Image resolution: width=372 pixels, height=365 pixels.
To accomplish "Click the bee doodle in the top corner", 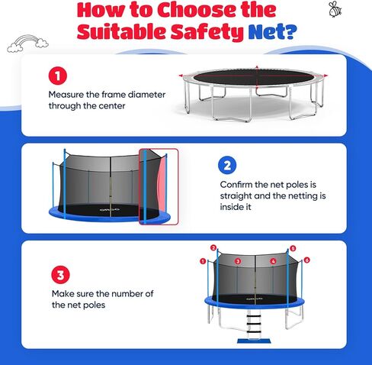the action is pyautogui.click(x=335, y=9).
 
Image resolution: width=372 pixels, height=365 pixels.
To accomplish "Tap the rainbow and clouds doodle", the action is pyautogui.click(x=27, y=44).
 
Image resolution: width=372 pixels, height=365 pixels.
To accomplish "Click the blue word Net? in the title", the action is pyautogui.click(x=272, y=32).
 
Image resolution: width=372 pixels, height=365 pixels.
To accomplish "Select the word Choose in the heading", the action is pyautogui.click(x=197, y=10).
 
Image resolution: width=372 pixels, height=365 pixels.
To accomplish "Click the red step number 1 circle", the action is pyautogui.click(x=58, y=76).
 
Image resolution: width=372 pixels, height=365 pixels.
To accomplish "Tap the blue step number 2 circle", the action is pyautogui.click(x=227, y=165).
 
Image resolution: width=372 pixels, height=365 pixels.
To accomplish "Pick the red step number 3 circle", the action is pyautogui.click(x=60, y=275).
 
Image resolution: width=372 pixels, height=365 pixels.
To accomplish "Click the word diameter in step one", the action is pyautogui.click(x=146, y=95).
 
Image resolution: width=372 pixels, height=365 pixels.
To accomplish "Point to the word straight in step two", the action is pyautogui.click(x=236, y=196).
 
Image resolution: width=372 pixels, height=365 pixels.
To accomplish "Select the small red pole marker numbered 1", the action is pyautogui.click(x=203, y=261).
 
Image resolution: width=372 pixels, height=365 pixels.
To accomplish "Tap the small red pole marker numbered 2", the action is pyautogui.click(x=213, y=248).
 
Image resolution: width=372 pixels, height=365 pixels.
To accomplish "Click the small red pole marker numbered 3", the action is pyautogui.click(x=238, y=261).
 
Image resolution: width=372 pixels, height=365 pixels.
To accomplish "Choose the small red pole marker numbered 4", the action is pyautogui.click(x=273, y=261).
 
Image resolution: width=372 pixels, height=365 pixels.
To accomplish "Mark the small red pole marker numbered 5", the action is pyautogui.click(x=293, y=248).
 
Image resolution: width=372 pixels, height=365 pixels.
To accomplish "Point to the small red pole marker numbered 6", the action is pyautogui.click(x=307, y=260).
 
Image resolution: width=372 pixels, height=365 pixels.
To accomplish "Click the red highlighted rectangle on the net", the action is pyautogui.click(x=159, y=186).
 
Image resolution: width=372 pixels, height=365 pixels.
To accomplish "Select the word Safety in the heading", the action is pyautogui.click(x=207, y=32).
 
